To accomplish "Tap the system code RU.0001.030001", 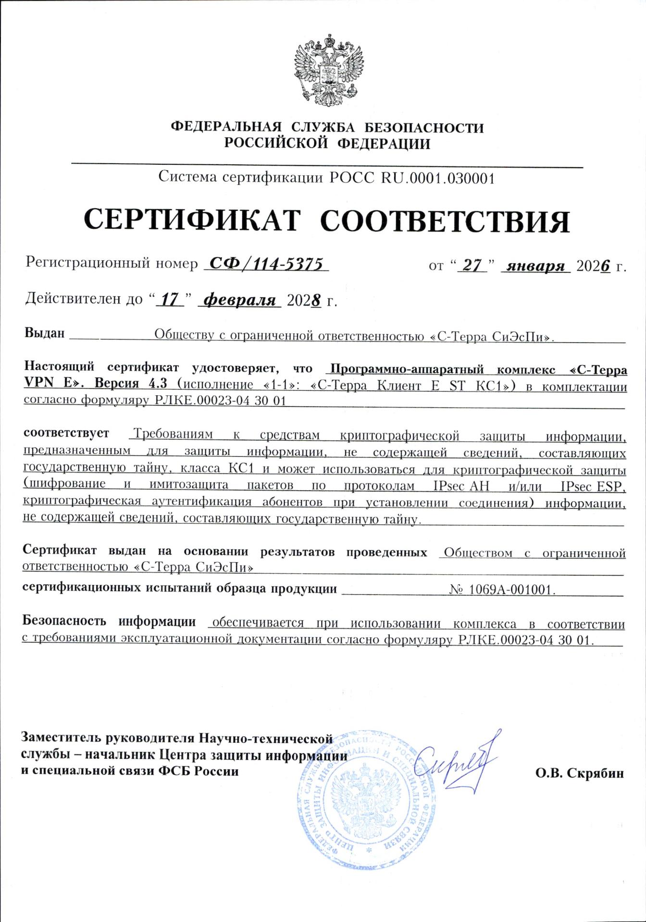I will pos(438,178).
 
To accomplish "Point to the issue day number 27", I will pos(472,266).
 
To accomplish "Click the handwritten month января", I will pos(535,266).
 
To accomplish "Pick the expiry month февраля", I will pos(240,300).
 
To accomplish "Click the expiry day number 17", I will pos(170,300).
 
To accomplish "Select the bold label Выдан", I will pos(44,333).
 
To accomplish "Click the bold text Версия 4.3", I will pos(131,384).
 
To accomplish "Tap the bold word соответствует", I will pos(66,433).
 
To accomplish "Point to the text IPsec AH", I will pos(461,486).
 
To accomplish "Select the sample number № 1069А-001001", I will pos(502,589).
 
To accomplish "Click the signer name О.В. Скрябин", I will pos(580,773).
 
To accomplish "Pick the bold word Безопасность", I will pos(64,621).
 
